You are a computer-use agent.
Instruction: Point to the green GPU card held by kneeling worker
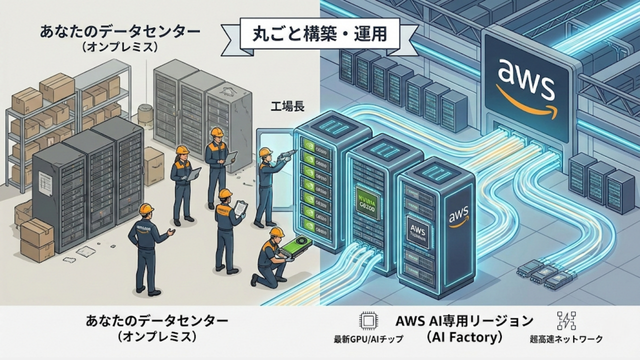click(x=296, y=247)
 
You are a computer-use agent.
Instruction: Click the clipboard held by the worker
click(x=241, y=207)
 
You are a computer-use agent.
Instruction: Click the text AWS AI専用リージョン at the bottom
click(x=464, y=320)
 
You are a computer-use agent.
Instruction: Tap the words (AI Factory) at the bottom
click(x=464, y=337)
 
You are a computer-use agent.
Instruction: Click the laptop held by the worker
click(x=193, y=174)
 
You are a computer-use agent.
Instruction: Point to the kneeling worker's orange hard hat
click(x=276, y=232)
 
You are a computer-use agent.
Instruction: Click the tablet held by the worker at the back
click(x=230, y=157)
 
